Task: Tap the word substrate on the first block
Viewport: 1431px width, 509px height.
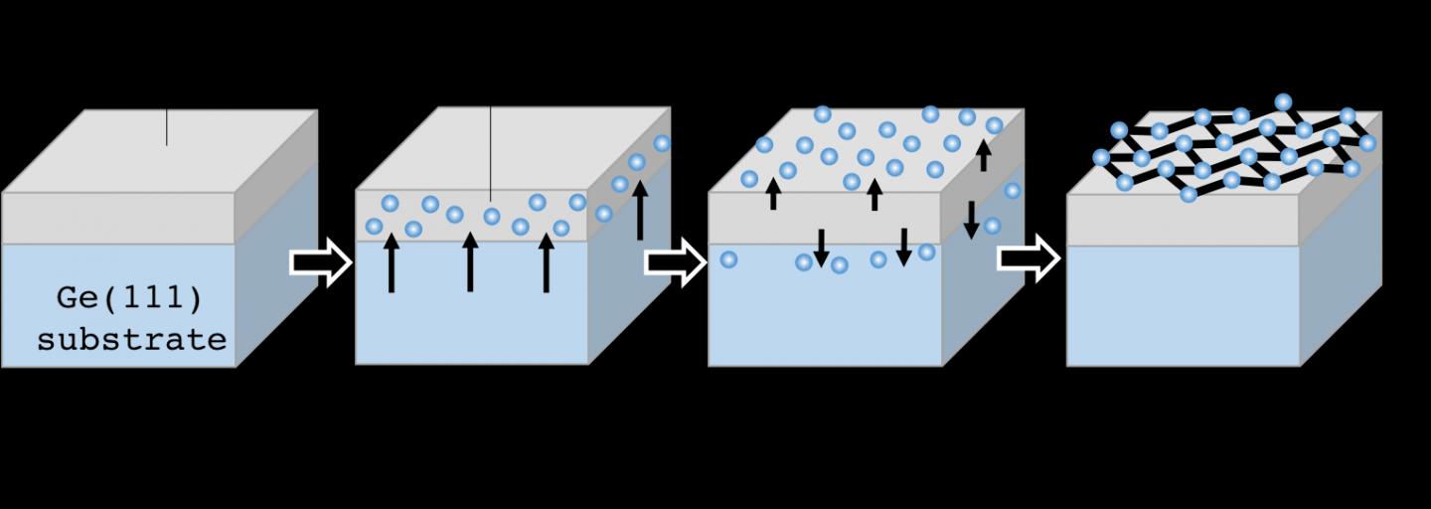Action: click(x=132, y=340)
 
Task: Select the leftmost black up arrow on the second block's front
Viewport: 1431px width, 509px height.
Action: click(x=392, y=262)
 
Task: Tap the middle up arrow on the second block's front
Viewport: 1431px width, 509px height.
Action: click(x=470, y=262)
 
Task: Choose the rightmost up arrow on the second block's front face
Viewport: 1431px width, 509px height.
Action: click(x=546, y=262)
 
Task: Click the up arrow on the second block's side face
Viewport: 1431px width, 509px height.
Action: click(x=640, y=210)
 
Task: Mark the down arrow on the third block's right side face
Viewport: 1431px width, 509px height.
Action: click(x=971, y=219)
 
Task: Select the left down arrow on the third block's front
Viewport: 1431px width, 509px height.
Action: click(x=821, y=248)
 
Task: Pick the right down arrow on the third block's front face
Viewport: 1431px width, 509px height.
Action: click(x=903, y=248)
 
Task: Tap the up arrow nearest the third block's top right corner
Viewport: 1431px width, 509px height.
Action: click(x=984, y=155)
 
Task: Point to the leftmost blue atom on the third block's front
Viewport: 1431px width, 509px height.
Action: click(x=728, y=259)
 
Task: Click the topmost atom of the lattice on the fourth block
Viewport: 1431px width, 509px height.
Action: click(x=1283, y=101)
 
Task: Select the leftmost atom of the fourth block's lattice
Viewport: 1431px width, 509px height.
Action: click(x=1101, y=157)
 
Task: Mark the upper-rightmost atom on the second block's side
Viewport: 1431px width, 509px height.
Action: click(x=662, y=143)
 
